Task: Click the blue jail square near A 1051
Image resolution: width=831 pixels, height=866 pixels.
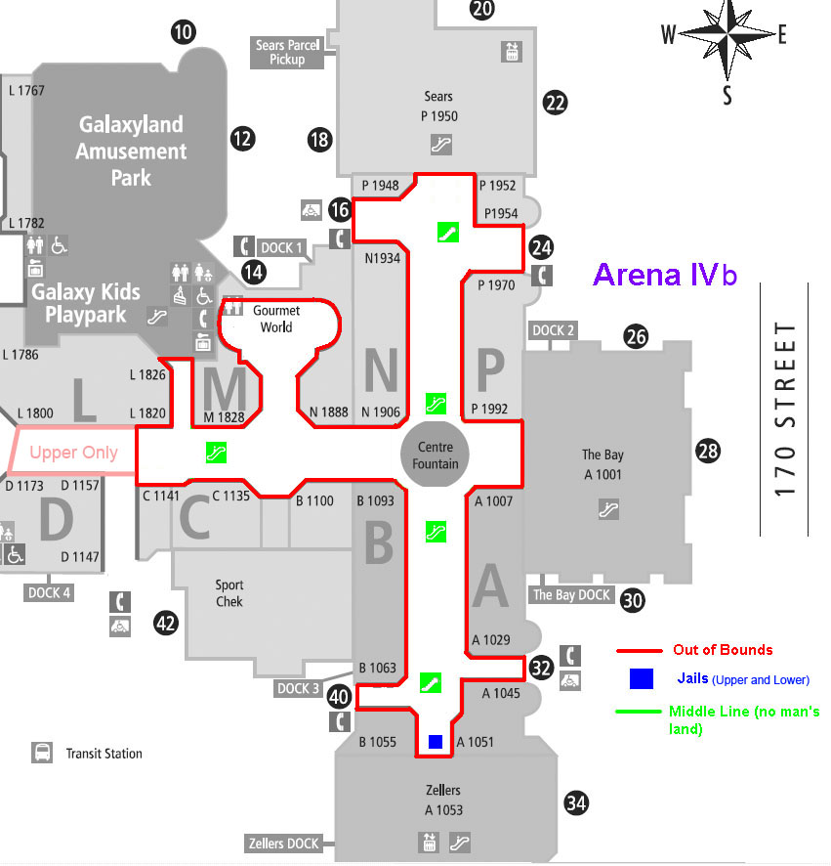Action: pos(436,741)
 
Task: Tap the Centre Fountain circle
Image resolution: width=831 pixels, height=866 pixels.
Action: pos(435,455)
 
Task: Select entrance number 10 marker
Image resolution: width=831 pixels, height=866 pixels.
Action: pos(184,32)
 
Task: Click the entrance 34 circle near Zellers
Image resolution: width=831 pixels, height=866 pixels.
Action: pos(576,803)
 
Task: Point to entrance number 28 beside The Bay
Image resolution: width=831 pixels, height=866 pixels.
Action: pos(708,452)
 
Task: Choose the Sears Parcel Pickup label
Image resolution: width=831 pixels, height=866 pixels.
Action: pos(287,53)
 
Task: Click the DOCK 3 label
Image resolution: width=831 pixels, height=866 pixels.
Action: pos(298,689)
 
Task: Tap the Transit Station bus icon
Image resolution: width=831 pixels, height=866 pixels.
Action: pos(43,753)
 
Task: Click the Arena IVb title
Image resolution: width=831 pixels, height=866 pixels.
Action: pos(665,275)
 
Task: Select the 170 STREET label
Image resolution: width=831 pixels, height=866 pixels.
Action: pos(785,410)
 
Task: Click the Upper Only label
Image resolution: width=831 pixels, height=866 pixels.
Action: pos(73,453)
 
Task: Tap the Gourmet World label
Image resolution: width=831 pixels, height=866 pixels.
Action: pos(276,319)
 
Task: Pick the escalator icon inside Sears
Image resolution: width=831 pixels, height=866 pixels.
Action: pos(441,145)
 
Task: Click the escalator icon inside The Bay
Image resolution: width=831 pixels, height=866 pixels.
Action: pos(608,509)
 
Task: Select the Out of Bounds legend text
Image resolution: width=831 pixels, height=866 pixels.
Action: pos(723,649)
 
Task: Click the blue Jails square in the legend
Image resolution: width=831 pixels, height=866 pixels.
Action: pos(642,678)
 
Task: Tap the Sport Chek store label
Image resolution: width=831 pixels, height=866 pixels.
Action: pos(229,593)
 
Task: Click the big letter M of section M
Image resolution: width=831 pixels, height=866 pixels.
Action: pos(225,389)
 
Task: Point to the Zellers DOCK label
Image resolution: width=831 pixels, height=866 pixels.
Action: pos(283,844)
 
